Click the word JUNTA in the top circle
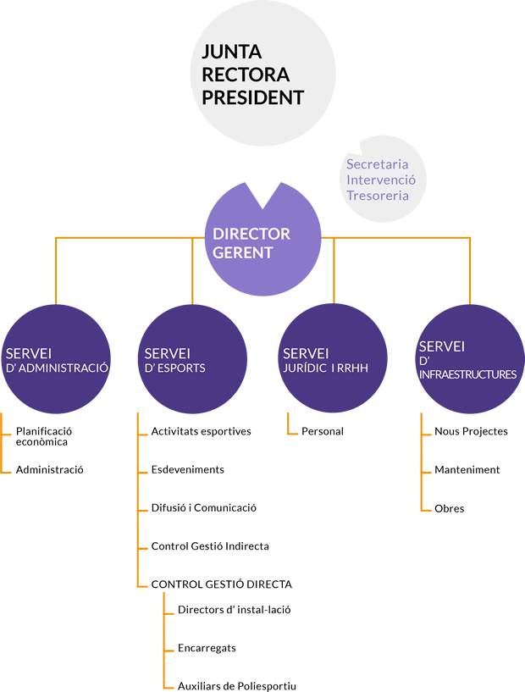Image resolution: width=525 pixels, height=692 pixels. pyautogui.click(x=232, y=52)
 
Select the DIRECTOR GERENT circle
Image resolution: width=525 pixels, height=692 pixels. pyautogui.click(x=263, y=247)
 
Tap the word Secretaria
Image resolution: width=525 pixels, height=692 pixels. pyautogui.click(x=377, y=164)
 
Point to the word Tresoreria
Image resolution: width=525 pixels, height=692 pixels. pyautogui.click(x=378, y=196)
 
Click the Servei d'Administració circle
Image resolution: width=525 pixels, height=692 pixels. pyautogui.click(x=56, y=359)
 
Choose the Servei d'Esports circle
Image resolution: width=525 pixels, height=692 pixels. pyautogui.click(x=193, y=359)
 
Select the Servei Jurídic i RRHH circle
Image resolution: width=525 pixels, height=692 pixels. pyautogui.click(x=333, y=358)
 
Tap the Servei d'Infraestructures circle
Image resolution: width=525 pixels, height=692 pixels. pyautogui.click(x=470, y=359)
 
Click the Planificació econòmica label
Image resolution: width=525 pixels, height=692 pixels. pyautogui.click(x=44, y=436)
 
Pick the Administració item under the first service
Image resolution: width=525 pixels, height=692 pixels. pyautogui.click(x=49, y=469)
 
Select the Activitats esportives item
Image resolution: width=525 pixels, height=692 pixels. pyautogui.click(x=202, y=431)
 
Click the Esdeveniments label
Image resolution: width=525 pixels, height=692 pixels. pyautogui.click(x=187, y=469)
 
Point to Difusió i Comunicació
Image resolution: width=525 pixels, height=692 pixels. pyautogui.click(x=204, y=507)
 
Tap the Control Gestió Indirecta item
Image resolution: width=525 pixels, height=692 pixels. pyautogui.click(x=210, y=546)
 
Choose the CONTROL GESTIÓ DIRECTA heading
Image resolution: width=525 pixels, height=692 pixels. pyautogui.click(x=222, y=584)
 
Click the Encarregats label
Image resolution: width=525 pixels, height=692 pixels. pyautogui.click(x=207, y=648)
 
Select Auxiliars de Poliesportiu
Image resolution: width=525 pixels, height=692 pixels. pyautogui.click(x=237, y=686)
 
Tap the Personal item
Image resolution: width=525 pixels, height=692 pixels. pyautogui.click(x=323, y=431)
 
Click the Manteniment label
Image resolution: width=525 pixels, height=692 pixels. pyautogui.click(x=467, y=469)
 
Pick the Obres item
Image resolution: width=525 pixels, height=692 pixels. pyautogui.click(x=449, y=508)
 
